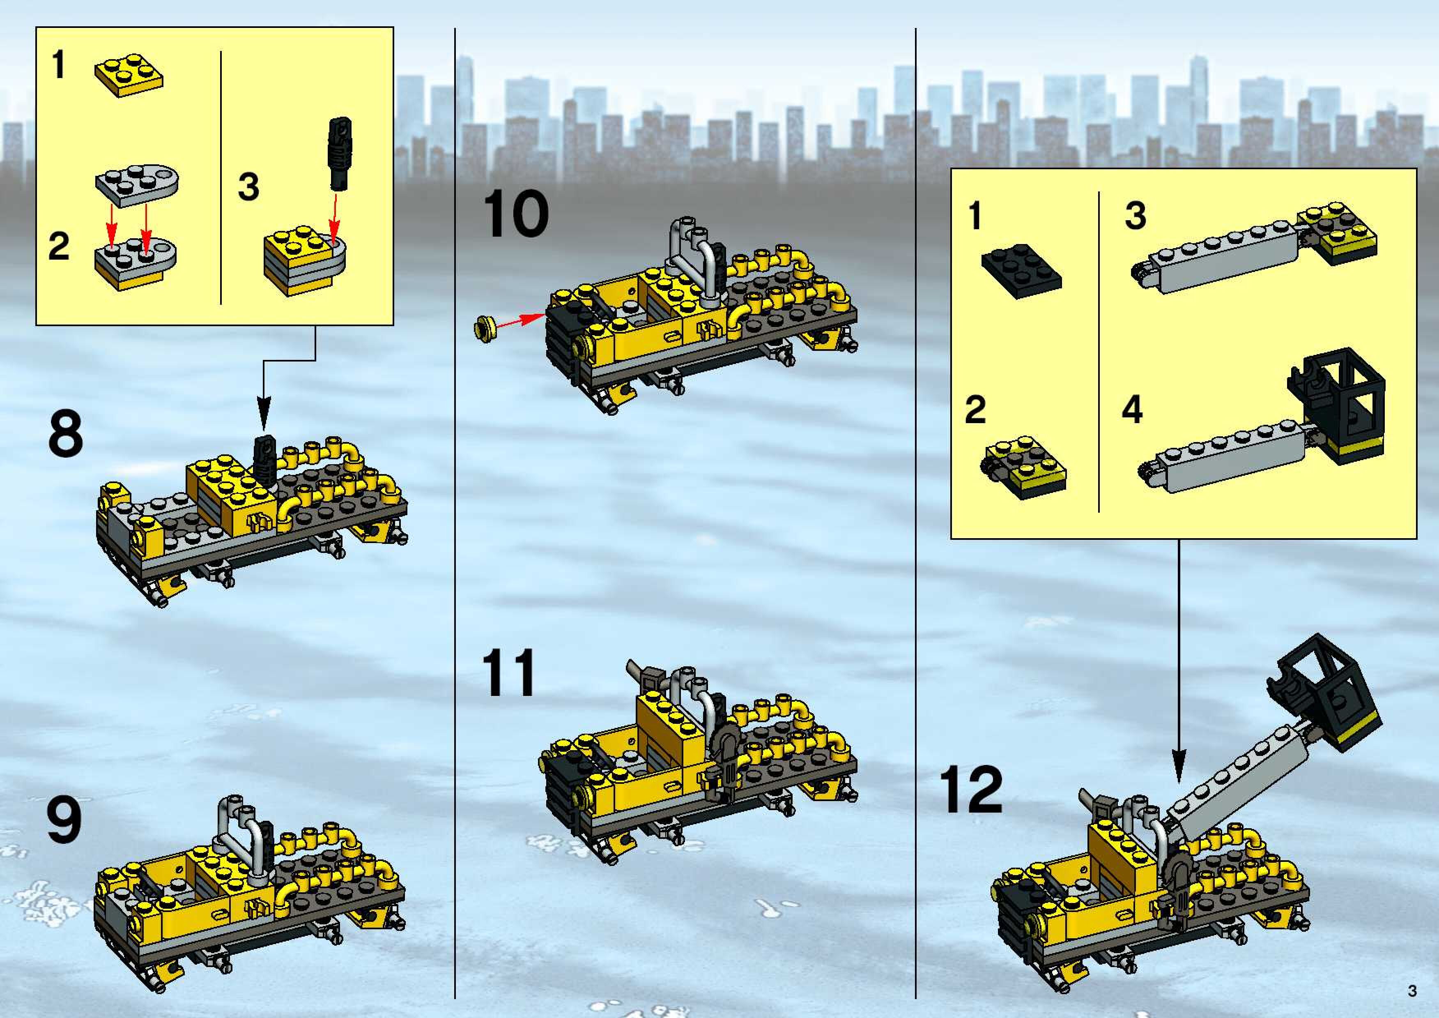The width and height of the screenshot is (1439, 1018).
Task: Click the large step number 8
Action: tap(65, 434)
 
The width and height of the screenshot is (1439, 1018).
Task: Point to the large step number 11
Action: tap(508, 673)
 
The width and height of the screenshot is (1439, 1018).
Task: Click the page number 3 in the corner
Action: tap(1412, 991)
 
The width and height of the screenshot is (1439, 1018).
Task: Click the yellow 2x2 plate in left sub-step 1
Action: tap(129, 77)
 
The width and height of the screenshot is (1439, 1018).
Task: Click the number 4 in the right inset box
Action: tap(1132, 409)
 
